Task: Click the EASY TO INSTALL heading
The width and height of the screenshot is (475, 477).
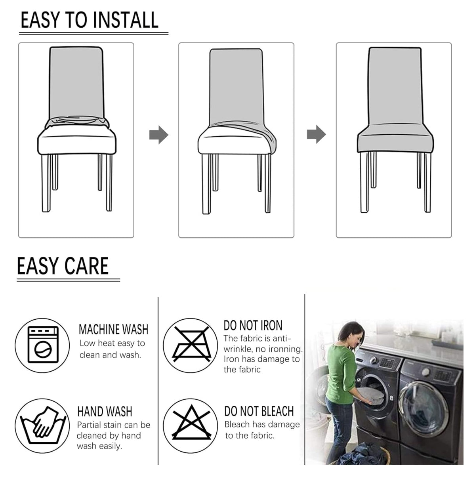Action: (90, 20)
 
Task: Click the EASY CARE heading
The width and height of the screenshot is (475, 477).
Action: (63, 266)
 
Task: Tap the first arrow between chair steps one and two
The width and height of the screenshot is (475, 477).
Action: (158, 135)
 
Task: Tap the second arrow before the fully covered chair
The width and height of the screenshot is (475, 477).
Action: (316, 135)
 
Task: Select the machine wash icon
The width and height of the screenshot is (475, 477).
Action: (42, 345)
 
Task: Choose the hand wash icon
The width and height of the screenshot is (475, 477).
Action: (42, 426)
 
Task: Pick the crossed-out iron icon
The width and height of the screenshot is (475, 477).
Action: (191, 345)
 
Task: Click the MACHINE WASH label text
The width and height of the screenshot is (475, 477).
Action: (113, 330)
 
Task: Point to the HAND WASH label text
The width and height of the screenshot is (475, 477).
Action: (105, 412)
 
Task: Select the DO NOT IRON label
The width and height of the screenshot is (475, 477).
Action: (253, 326)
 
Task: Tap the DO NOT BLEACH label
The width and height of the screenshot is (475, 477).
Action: (259, 411)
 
